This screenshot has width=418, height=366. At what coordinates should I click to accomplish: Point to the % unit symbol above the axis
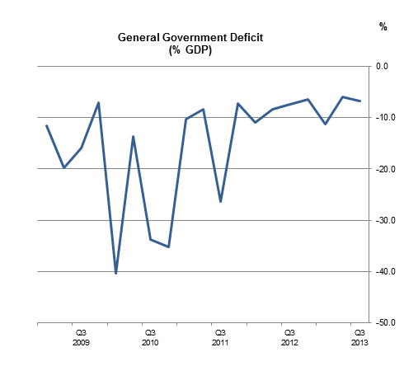click(x=383, y=26)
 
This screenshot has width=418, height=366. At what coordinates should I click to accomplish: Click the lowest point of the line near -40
click(x=116, y=273)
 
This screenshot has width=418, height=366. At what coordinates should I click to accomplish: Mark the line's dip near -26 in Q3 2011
click(x=220, y=201)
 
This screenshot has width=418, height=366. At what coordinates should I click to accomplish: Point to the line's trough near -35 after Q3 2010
click(x=168, y=246)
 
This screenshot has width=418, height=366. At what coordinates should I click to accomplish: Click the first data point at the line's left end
click(x=46, y=125)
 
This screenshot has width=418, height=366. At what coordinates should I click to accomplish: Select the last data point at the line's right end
click(x=359, y=101)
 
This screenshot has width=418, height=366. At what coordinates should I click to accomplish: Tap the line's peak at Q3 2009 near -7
click(x=99, y=103)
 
